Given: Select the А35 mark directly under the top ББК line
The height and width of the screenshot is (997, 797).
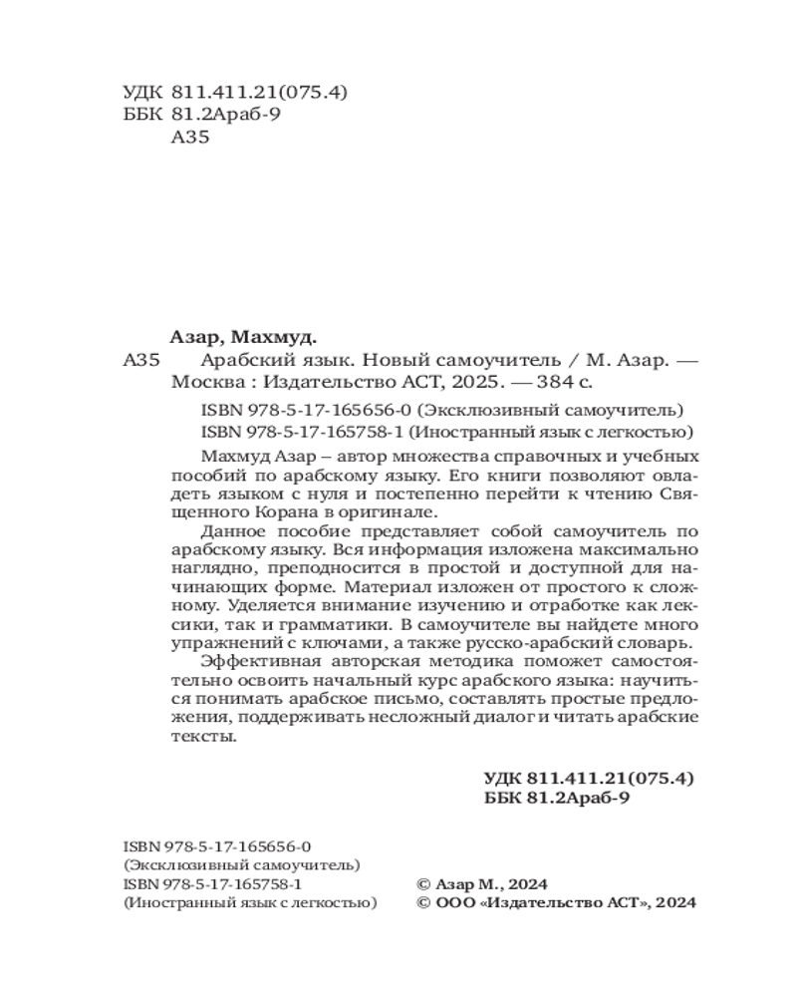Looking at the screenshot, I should (190, 138).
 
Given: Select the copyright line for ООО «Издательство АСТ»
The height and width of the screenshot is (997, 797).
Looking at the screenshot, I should (554, 903).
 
